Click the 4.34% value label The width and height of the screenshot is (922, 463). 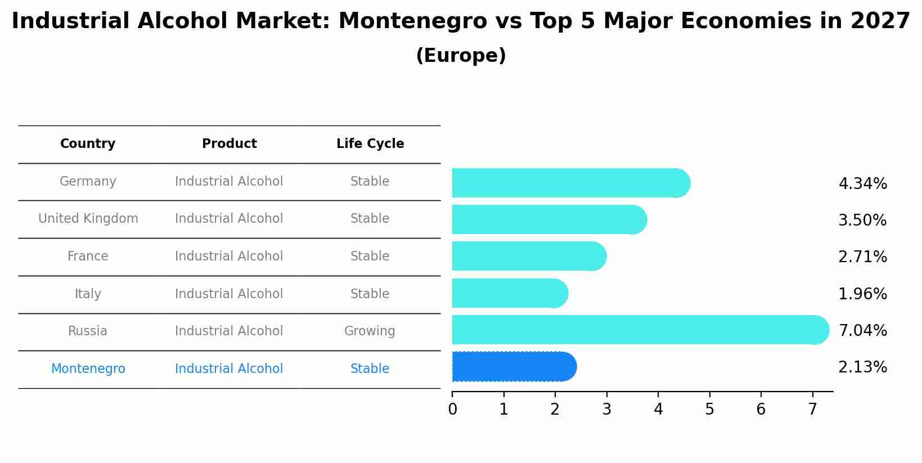point(862,184)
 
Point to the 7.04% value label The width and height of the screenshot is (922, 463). point(862,330)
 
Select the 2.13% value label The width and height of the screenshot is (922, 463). point(862,367)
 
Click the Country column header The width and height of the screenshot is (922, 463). point(88,144)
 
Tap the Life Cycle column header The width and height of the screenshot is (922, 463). point(370,144)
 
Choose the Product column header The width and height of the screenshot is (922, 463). point(230,144)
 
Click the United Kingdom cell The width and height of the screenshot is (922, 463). point(88,219)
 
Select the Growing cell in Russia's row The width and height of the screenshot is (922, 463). point(370,331)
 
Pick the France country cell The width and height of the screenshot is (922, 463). point(88,257)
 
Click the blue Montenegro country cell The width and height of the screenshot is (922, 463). point(88,369)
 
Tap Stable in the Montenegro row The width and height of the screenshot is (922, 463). point(370,369)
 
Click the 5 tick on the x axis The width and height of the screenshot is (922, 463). point(709,410)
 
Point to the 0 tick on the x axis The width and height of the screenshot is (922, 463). point(452,410)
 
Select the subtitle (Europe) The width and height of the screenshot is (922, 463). point(461,56)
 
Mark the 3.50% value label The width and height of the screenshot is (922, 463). point(862,221)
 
